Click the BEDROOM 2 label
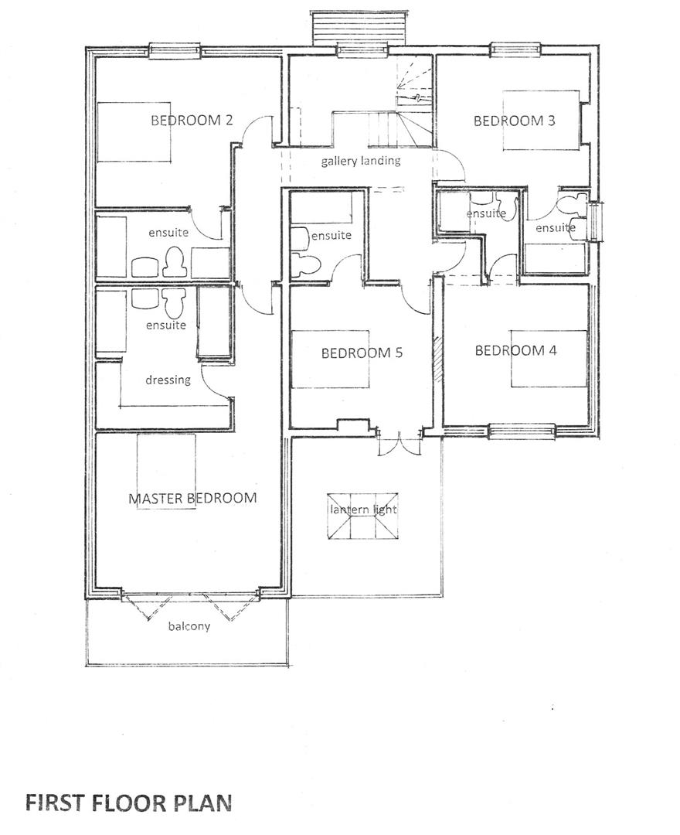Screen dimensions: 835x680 (x=192, y=120)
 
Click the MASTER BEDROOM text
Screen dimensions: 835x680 (x=192, y=498)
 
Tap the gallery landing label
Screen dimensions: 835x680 (x=361, y=161)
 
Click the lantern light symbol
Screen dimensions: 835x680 (x=363, y=518)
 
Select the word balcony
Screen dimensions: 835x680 (x=189, y=626)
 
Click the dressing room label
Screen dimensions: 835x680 (x=168, y=380)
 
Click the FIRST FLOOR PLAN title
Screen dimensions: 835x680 (x=128, y=803)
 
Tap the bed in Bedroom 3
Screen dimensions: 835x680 (x=541, y=121)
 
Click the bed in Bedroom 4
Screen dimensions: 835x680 (x=548, y=358)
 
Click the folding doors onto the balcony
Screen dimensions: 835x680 (x=190, y=606)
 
